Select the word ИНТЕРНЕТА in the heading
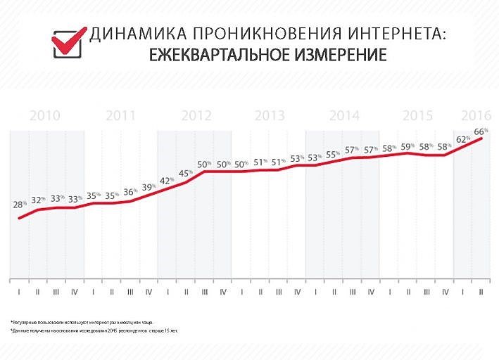(398, 34)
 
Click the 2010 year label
(44, 116)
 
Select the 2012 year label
(196, 116)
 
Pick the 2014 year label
(344, 116)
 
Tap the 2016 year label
(476, 116)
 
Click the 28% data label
(20, 205)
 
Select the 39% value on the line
(149, 187)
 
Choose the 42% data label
(168, 181)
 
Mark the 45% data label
(186, 173)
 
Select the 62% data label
(463, 139)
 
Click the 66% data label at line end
(481, 131)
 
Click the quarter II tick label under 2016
(481, 290)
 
